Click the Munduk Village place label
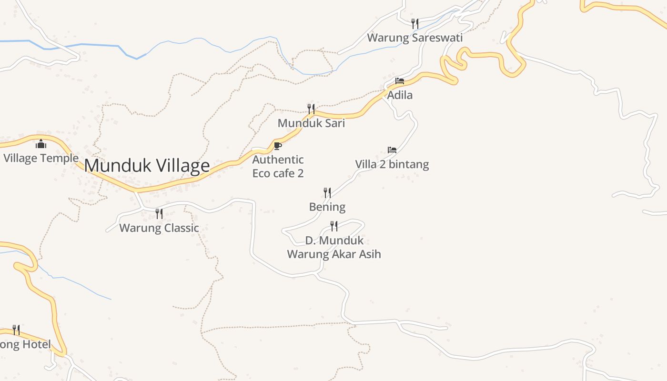click(147, 166)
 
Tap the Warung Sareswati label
click(414, 38)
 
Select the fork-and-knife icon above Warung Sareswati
click(415, 23)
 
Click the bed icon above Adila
click(400, 81)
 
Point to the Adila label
click(400, 95)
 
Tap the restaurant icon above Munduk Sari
click(311, 109)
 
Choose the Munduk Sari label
click(311, 123)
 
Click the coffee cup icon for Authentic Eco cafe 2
click(278, 145)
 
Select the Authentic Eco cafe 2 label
click(278, 166)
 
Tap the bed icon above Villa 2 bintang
click(392, 150)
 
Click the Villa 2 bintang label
click(392, 164)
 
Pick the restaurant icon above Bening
click(327, 192)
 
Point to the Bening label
click(327, 207)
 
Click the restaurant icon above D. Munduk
click(334, 226)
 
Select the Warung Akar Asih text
click(334, 254)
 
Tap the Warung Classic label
click(159, 228)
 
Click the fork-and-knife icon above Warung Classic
click(159, 213)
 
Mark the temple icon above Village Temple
click(41, 143)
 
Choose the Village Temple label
click(41, 158)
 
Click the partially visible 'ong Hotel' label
click(25, 344)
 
